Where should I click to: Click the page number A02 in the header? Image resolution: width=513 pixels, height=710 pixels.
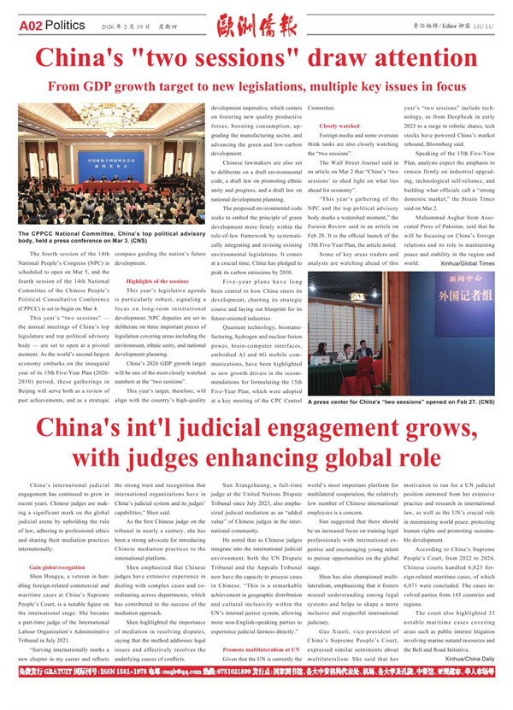(x=32, y=26)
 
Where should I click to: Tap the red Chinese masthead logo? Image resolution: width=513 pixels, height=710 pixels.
(x=256, y=26)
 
